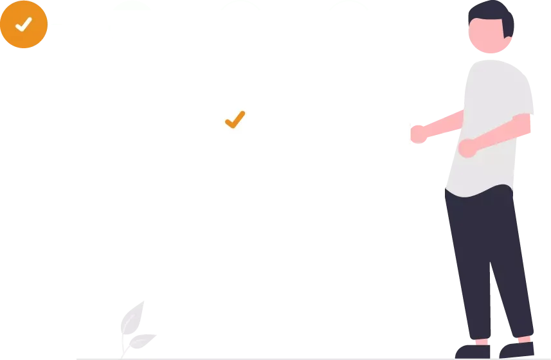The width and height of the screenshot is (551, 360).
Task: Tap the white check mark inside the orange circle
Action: (x=24, y=24)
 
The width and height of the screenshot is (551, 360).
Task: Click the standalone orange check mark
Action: (x=235, y=119)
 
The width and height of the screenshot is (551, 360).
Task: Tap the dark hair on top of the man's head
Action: (x=490, y=10)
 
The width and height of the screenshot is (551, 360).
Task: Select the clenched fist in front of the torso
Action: (x=467, y=147)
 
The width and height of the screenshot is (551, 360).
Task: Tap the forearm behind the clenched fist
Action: (x=498, y=136)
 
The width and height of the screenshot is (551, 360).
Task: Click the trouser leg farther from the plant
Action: (x=511, y=270)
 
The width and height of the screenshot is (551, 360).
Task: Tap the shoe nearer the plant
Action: (x=473, y=351)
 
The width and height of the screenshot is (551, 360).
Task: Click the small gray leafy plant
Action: (x=135, y=325)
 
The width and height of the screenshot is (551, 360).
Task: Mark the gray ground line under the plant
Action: (x=193, y=357)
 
